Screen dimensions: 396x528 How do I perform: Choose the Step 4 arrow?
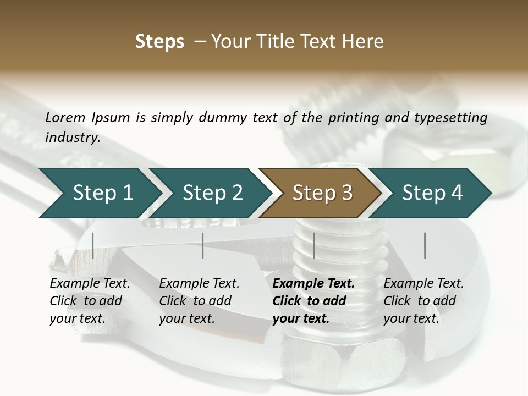click(432, 193)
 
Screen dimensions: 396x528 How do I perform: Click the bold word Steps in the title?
click(159, 42)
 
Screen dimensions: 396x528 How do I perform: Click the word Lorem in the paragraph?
click(65, 117)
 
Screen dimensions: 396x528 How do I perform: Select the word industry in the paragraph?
click(73, 137)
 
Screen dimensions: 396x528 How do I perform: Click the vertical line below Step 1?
click(93, 245)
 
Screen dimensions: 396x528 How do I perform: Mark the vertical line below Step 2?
click(203, 245)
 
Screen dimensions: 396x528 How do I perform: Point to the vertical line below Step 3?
click(313, 245)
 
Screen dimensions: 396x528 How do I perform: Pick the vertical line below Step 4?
click(425, 245)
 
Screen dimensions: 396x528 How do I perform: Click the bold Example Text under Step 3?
click(313, 284)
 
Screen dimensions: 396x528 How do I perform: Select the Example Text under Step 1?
click(90, 284)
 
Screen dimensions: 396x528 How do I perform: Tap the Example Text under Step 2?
click(199, 284)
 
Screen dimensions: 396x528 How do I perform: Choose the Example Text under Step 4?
click(424, 284)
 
